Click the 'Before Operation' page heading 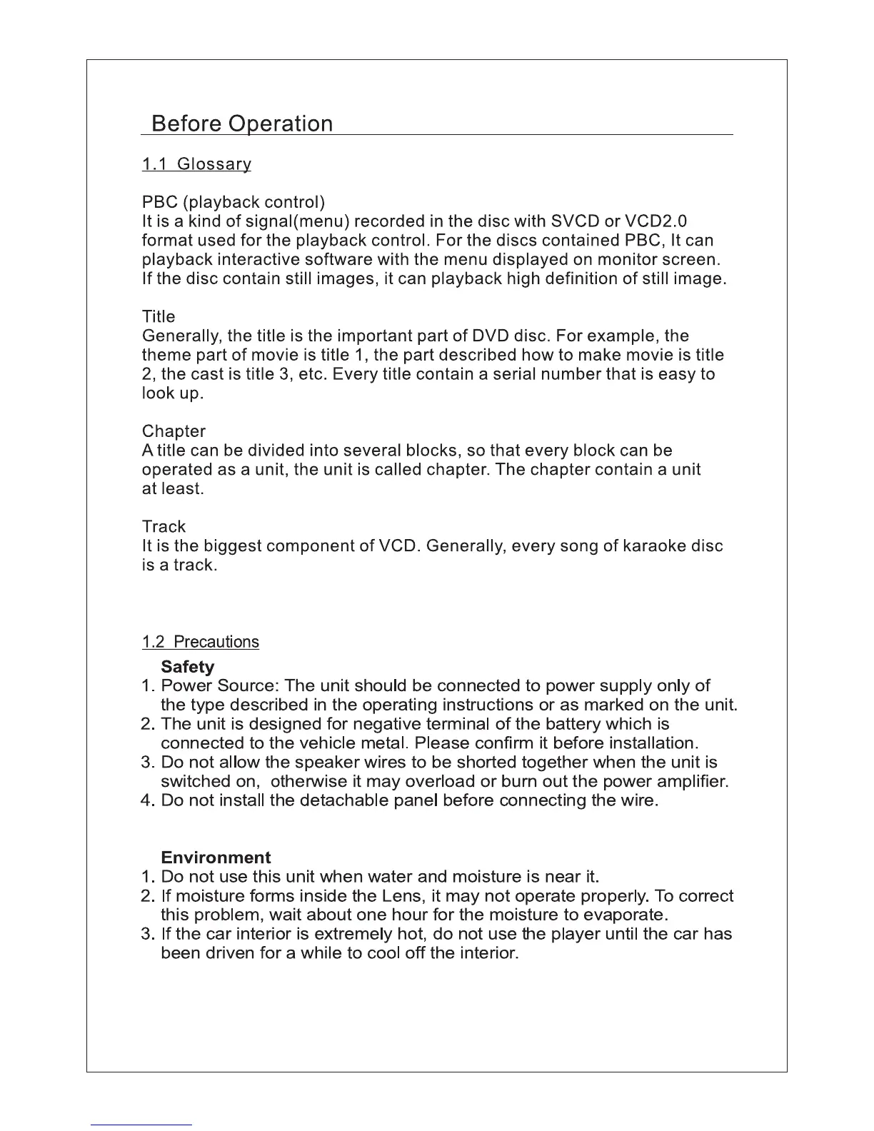tap(242, 124)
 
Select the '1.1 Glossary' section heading tap(196, 164)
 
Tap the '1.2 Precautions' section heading tap(201, 641)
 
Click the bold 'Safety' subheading tap(188, 667)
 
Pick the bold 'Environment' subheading tap(216, 858)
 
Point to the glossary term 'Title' tap(159, 316)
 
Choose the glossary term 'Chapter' tap(174, 431)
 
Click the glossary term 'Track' tap(164, 526)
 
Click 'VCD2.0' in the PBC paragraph tap(655, 221)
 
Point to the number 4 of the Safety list tap(147, 800)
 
